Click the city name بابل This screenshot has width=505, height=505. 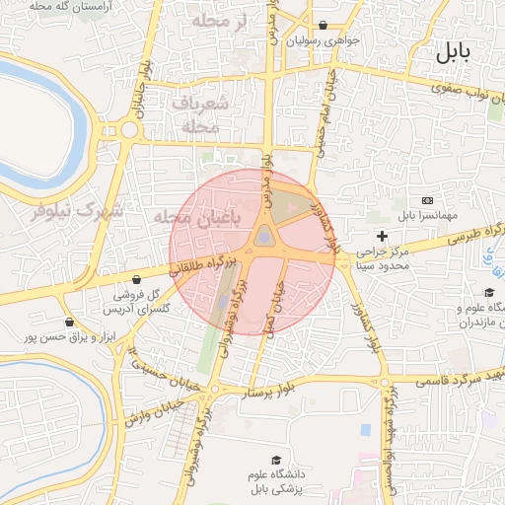pos(453,52)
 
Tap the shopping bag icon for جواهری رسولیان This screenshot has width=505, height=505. pos(324,26)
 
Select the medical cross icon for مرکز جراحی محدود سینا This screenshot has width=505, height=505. pos(382,236)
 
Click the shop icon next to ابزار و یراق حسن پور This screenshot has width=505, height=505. pos(68,322)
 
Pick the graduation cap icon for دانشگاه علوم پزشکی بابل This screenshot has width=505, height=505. pos(276,460)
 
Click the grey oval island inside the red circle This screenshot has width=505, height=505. pos(264,236)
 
